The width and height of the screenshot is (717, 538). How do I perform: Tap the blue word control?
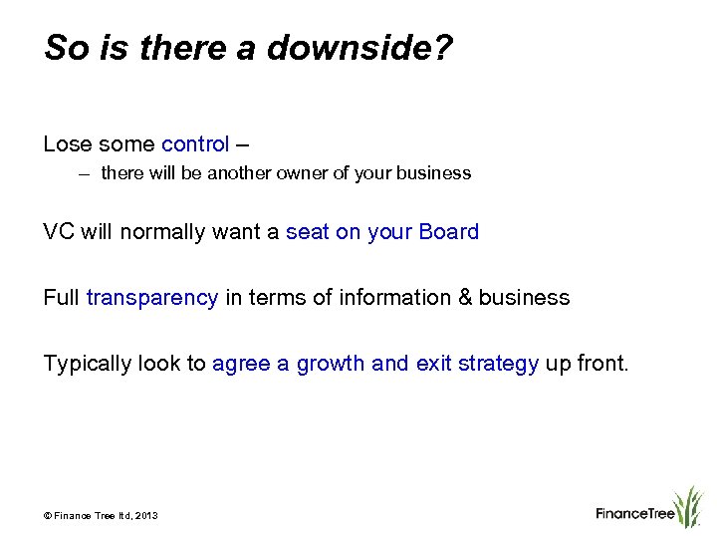[195, 144]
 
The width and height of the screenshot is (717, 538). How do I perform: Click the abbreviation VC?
[59, 232]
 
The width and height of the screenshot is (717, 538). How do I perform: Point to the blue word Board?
[449, 232]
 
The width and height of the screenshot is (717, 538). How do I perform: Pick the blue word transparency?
[152, 298]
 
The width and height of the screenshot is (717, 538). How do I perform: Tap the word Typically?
[88, 364]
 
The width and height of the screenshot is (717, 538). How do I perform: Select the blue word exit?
[434, 364]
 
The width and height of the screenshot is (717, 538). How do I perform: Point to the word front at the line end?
[604, 364]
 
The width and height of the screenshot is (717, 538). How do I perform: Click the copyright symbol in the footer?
[47, 515]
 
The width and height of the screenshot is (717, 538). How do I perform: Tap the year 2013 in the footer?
[146, 515]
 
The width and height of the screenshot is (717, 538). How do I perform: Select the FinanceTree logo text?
[635, 514]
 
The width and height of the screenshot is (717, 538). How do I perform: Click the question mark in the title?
[443, 47]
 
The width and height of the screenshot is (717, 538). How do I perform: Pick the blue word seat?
[307, 232]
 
